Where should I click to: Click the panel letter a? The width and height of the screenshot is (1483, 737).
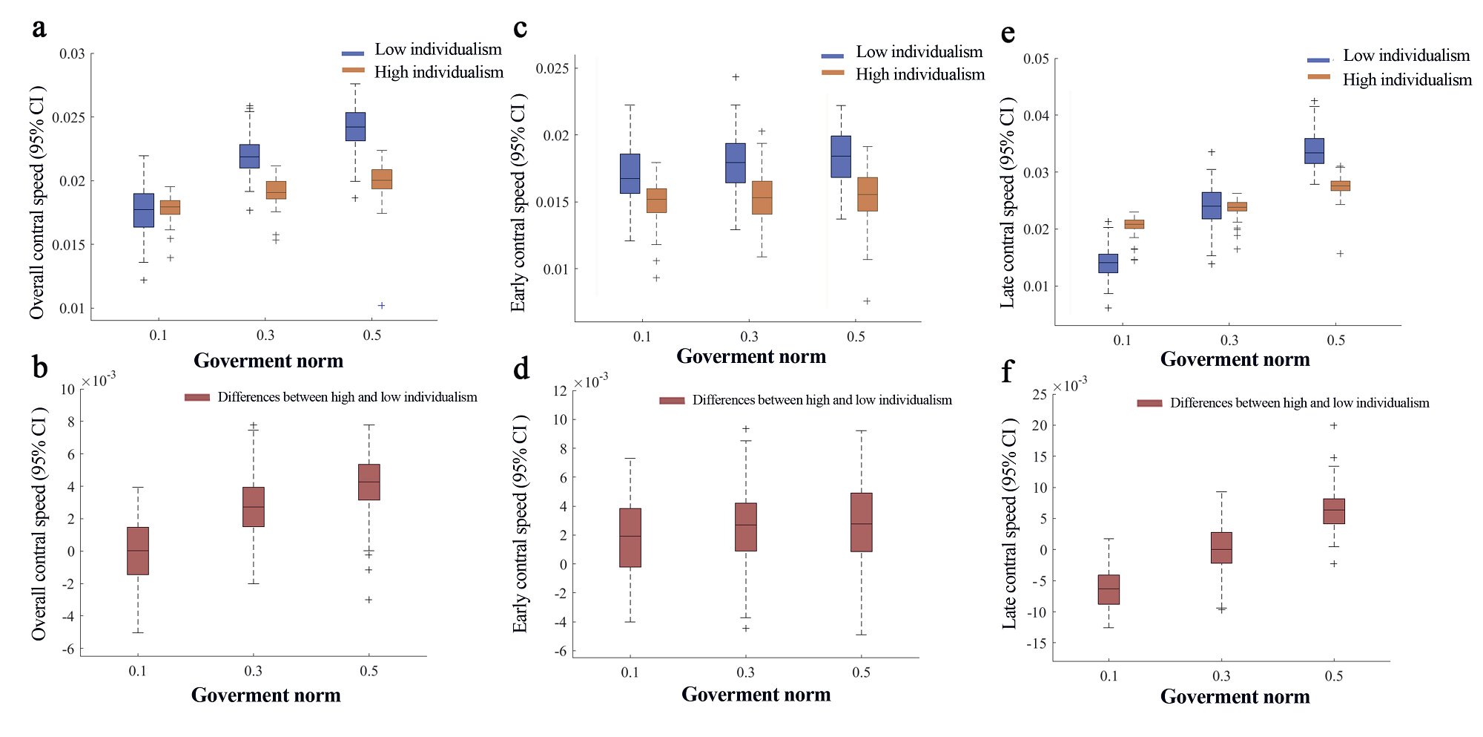[x=39, y=28]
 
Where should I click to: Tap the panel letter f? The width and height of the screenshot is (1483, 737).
[x=1007, y=370]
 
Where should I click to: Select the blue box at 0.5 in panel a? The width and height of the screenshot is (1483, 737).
[x=355, y=126]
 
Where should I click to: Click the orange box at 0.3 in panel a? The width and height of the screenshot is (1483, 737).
[x=276, y=190]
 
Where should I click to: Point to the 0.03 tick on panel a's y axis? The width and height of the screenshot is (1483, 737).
[x=73, y=53]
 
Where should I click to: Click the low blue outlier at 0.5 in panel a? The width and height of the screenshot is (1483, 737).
[x=382, y=305]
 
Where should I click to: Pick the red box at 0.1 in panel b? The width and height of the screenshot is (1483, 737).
[x=138, y=551]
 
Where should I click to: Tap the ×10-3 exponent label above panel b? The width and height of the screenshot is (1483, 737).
[x=99, y=380]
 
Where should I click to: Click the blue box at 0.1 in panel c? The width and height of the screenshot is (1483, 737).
[x=630, y=174]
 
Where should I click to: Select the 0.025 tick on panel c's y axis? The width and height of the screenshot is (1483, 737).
[x=552, y=68]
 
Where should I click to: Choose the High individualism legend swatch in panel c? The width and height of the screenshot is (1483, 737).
[x=833, y=73]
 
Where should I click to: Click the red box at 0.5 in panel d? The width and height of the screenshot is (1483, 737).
[x=862, y=523]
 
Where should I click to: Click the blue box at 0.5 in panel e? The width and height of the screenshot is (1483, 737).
[x=1315, y=151]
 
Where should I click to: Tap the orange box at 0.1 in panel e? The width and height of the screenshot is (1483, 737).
[x=1134, y=224]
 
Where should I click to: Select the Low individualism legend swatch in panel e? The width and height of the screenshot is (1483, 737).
[x=1318, y=59]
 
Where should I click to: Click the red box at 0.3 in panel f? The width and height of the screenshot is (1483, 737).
[x=1221, y=548]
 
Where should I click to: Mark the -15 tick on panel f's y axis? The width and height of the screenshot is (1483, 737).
[x=1037, y=643]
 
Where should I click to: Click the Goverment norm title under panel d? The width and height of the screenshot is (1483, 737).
[x=756, y=694]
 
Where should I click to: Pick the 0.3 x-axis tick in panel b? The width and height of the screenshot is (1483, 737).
[x=254, y=671]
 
